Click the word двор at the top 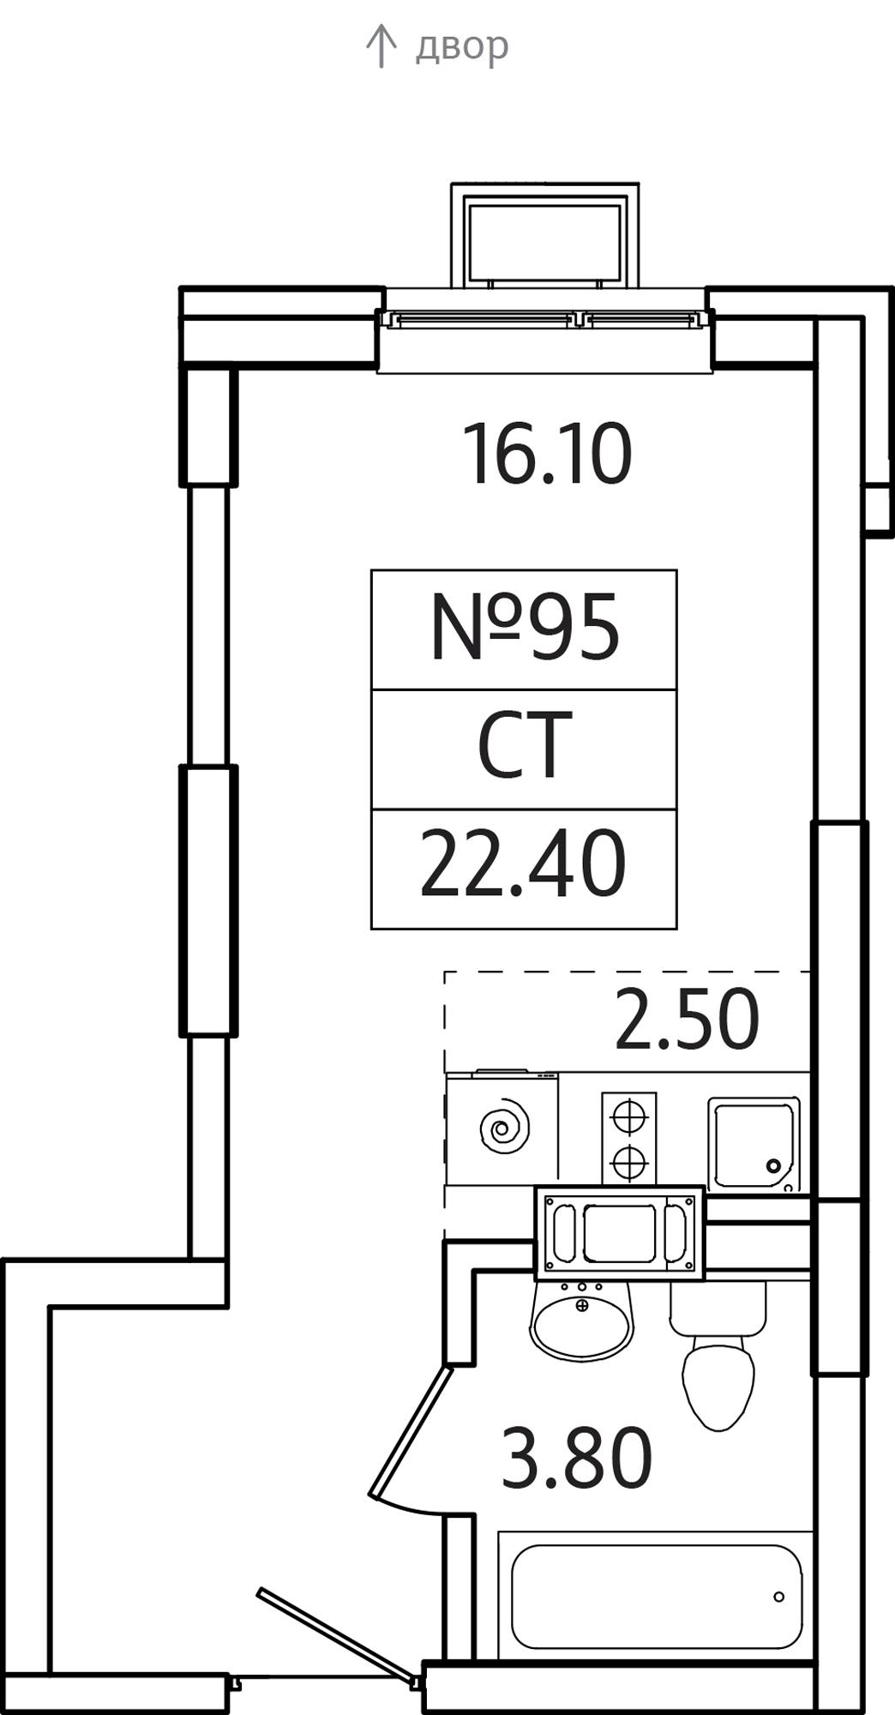click(x=462, y=46)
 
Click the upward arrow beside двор click(x=381, y=45)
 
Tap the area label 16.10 click(x=547, y=454)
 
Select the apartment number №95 click(x=524, y=629)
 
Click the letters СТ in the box click(x=524, y=745)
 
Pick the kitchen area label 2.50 click(x=687, y=1020)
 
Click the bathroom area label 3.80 click(x=576, y=1458)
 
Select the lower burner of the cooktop click(x=628, y=1163)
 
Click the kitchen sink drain click(x=773, y=1166)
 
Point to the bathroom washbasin click(x=582, y=1321)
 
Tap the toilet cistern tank click(x=718, y=1308)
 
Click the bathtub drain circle click(x=778, y=1597)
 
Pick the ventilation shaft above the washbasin click(x=619, y=1233)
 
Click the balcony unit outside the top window click(x=544, y=235)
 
